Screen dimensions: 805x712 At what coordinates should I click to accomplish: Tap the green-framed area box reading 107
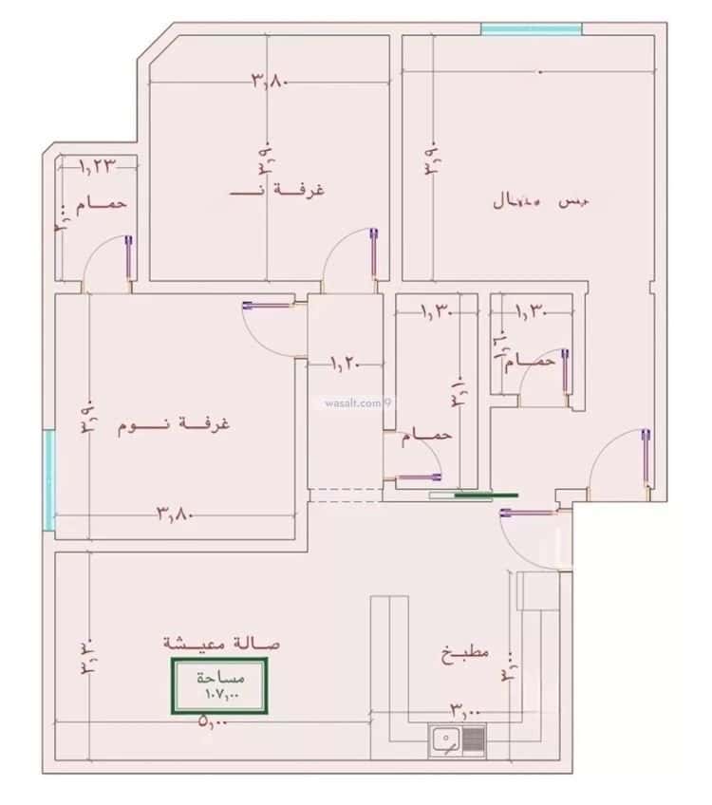tap(218, 686)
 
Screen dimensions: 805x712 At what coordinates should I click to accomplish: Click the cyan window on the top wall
tap(531, 29)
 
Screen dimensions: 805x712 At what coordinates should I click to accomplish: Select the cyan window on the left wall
tap(47, 479)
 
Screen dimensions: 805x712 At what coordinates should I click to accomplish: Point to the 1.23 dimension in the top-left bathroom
tap(97, 166)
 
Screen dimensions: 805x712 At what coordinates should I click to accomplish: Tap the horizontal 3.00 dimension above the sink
tap(465, 709)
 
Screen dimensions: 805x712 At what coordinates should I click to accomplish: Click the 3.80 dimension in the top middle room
tap(269, 81)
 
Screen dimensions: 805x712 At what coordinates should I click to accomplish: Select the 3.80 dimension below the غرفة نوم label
tap(175, 515)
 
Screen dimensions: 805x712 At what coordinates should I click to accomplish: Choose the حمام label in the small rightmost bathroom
tap(533, 362)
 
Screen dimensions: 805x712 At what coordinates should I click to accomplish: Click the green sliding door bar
tap(485, 495)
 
